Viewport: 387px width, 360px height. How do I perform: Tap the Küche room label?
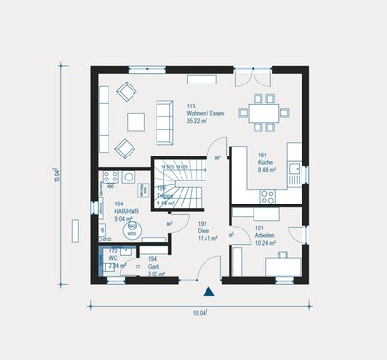[266, 168]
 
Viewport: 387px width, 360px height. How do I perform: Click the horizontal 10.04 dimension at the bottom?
[200, 312]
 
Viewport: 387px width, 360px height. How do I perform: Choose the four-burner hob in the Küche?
[266, 196]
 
